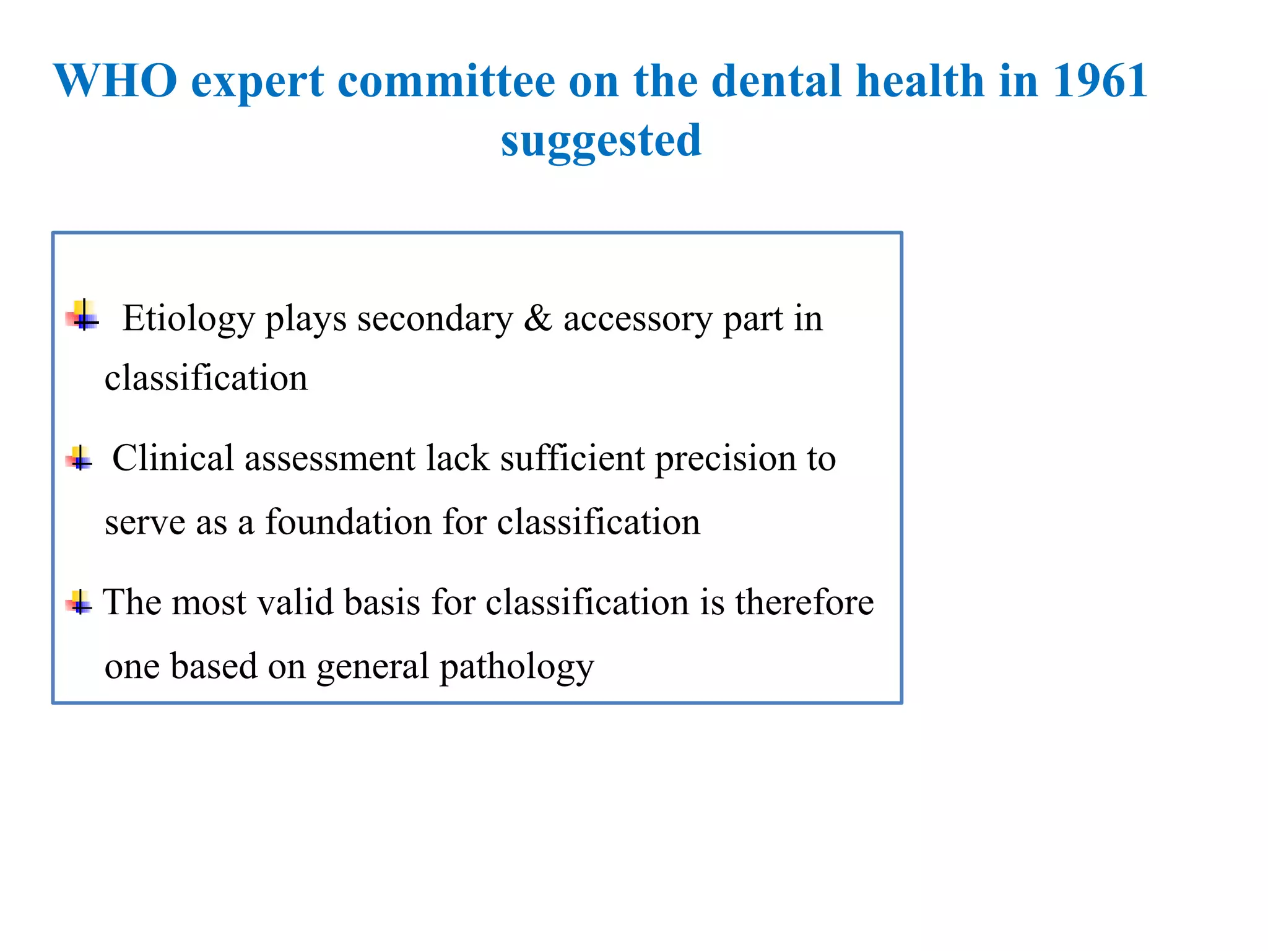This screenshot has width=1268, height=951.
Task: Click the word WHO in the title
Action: coord(116,81)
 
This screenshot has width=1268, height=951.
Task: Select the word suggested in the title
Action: coord(601,141)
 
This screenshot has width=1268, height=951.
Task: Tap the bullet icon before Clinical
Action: coord(80,459)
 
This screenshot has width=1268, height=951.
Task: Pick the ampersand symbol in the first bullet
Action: coord(537,319)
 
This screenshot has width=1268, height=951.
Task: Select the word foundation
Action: coord(348,522)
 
